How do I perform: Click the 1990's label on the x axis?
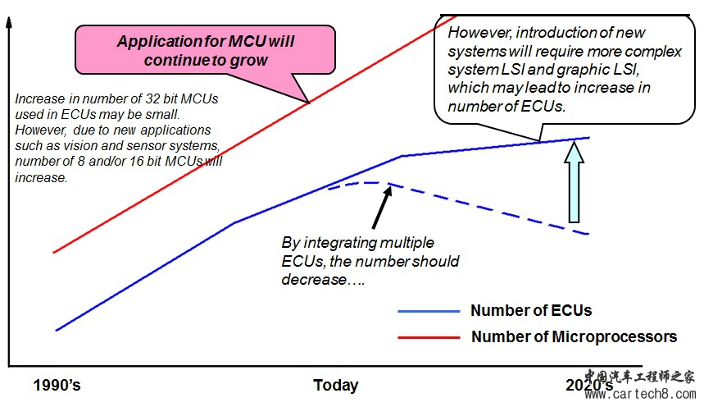tap(57, 386)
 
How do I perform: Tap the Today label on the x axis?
tap(336, 386)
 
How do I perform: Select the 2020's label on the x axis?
tap(589, 386)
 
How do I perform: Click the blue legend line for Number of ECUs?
tap(429, 311)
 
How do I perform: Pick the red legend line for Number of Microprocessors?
tap(429, 337)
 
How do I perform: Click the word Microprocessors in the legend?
tap(614, 337)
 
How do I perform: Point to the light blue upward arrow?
tap(574, 181)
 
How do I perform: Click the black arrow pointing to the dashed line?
tap(382, 207)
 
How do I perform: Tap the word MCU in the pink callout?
tap(248, 41)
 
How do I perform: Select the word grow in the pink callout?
tap(248, 60)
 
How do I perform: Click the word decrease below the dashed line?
tap(314, 280)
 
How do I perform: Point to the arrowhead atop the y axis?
tap(8, 21)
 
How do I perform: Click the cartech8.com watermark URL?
tap(640, 395)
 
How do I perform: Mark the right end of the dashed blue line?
tap(588, 234)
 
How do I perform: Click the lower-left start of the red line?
tap(53, 252)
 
